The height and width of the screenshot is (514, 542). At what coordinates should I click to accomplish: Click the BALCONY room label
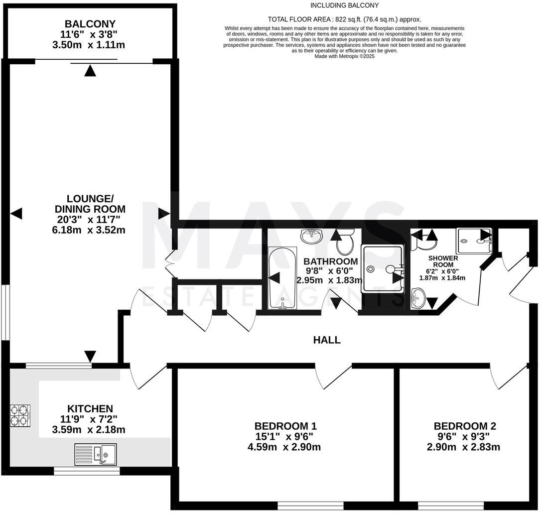90,24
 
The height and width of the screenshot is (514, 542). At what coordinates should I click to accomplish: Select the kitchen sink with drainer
96,454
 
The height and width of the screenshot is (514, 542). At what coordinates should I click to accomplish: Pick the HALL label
327,340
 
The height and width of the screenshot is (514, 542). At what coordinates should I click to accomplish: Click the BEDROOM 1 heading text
285,426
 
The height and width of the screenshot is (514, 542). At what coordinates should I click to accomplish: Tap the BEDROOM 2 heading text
465,426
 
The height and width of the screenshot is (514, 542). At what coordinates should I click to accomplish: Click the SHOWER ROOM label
443,261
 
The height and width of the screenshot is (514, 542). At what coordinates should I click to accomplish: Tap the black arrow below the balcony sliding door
90,71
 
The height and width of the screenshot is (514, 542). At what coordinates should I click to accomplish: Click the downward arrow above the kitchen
90,356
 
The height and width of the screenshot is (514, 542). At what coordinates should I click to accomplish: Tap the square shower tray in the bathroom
383,269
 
